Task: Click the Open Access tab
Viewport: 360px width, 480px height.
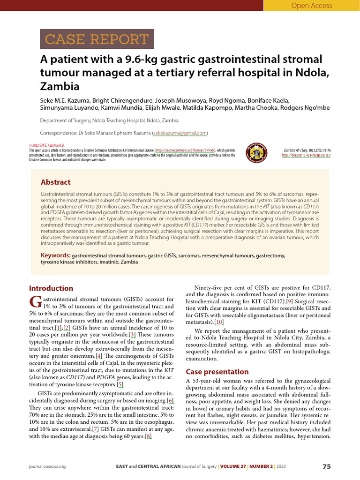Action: [x=311, y=6]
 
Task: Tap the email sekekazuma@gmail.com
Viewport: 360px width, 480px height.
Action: [x=180, y=133]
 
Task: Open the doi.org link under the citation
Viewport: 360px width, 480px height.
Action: [x=306, y=155]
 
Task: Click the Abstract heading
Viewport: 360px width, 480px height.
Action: [x=55, y=182]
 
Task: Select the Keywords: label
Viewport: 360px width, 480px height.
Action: [x=55, y=255]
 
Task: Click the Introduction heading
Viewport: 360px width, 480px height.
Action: [x=51, y=288]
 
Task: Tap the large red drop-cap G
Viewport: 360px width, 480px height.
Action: [x=35, y=302]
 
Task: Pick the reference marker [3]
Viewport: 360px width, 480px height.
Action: [x=132, y=334]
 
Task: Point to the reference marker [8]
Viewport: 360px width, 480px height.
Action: [x=149, y=436]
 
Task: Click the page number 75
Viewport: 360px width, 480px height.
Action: [x=327, y=466]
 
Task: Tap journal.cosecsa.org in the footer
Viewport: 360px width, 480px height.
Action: [x=47, y=467]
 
